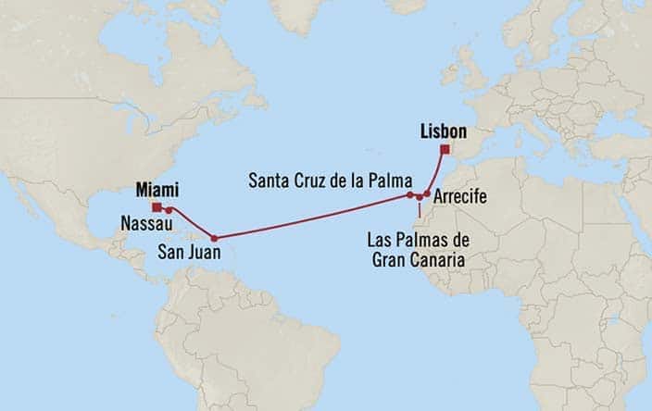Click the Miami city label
156,189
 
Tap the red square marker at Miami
157,207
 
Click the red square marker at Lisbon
445,149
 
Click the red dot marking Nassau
169,210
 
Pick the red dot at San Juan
214,236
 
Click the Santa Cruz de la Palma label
326,180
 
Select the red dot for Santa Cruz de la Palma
408,195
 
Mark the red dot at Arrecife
426,194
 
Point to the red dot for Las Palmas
419,197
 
